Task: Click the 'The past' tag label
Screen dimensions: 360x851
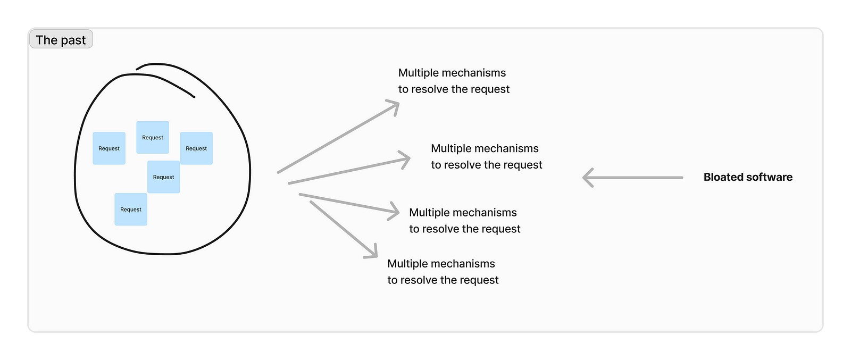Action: click(61, 40)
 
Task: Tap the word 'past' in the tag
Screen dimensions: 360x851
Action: click(73, 40)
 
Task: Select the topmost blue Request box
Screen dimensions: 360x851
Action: click(153, 137)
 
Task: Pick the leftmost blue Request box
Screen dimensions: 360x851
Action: click(109, 148)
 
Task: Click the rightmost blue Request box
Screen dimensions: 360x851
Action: click(196, 148)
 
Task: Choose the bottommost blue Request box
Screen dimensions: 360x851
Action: click(131, 210)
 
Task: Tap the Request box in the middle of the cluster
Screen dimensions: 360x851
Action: click(163, 177)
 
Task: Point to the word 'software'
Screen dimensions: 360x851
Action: click(770, 177)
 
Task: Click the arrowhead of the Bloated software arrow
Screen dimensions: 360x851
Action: click(587, 178)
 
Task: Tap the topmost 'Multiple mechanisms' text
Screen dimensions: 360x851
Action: click(452, 73)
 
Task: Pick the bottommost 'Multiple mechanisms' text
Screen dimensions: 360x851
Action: click(441, 264)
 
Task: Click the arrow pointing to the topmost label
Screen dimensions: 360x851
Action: click(338, 138)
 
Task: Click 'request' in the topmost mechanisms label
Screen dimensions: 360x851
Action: click(490, 89)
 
